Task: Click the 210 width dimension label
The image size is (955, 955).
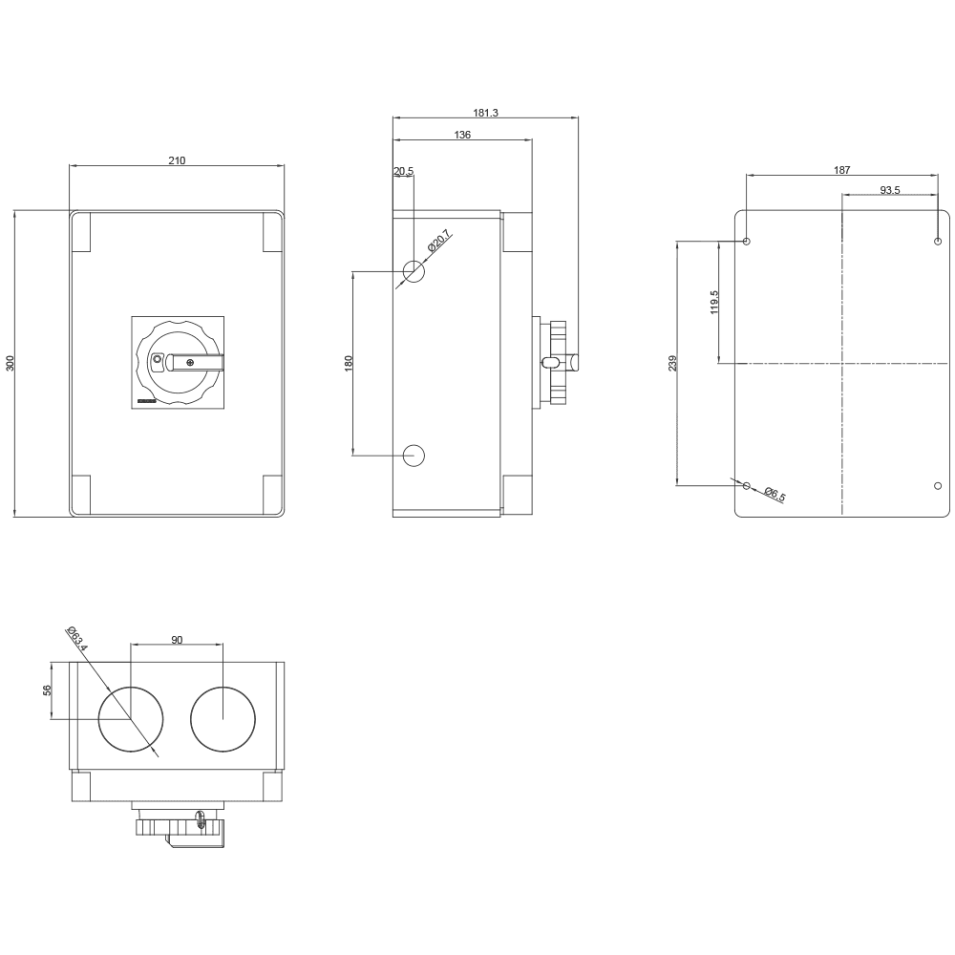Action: pos(177,160)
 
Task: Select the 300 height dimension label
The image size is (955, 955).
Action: pos(10,363)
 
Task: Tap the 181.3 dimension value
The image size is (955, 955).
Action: pos(485,113)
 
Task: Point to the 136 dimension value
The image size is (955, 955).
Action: pos(462,135)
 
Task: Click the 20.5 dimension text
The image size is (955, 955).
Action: pos(403,171)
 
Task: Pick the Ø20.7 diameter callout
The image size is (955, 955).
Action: pos(439,241)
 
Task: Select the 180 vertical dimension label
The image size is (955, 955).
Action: pos(349,364)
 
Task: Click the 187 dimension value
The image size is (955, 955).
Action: pos(841,170)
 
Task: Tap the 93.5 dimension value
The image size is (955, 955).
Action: pos(890,190)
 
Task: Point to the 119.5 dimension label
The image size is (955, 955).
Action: pos(714,302)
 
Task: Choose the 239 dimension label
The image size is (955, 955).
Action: pos(672,364)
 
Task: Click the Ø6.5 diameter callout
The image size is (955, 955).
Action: pos(775,494)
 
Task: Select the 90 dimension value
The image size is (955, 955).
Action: pos(177,640)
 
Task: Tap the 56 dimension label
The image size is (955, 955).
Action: pos(47,690)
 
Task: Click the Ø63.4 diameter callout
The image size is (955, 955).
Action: pos(77,638)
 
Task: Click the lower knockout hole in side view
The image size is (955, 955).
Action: pos(414,456)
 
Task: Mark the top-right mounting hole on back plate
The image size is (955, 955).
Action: pos(938,242)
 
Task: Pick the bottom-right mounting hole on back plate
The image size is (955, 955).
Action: pos(938,485)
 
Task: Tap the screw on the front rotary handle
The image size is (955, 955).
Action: pos(191,364)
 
